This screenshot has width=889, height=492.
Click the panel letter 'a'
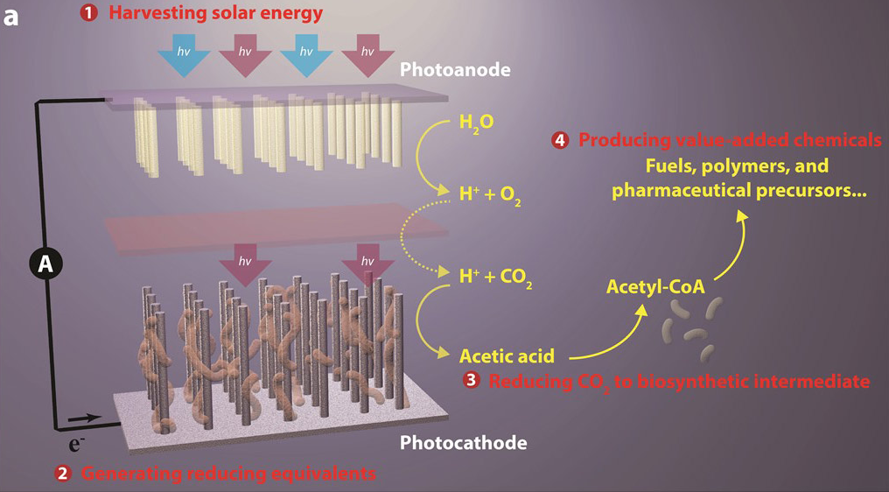[11, 15]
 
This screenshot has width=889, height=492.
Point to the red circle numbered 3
[472, 381]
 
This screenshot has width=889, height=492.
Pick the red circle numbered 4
[560, 140]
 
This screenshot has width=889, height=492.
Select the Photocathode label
[463, 442]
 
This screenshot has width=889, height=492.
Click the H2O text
[476, 123]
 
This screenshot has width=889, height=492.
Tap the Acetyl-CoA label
[655, 285]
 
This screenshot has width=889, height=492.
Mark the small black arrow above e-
[77, 419]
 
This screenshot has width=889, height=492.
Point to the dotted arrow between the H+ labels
[408, 236]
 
